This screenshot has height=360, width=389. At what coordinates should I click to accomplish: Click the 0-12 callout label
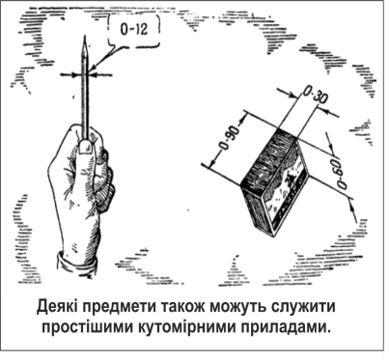click(134, 29)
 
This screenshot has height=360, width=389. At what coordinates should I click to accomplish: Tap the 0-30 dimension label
click(315, 96)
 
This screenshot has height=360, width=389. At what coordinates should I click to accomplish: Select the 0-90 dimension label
click(230, 138)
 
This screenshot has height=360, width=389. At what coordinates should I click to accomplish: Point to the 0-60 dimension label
click(339, 172)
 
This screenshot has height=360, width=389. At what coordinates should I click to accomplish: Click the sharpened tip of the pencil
click(85, 36)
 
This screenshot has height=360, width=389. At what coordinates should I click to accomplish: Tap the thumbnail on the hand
click(85, 147)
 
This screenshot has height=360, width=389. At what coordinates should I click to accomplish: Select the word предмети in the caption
click(118, 308)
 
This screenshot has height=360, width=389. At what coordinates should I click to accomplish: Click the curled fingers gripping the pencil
click(103, 180)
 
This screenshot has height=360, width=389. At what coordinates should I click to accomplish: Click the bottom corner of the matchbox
click(273, 236)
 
